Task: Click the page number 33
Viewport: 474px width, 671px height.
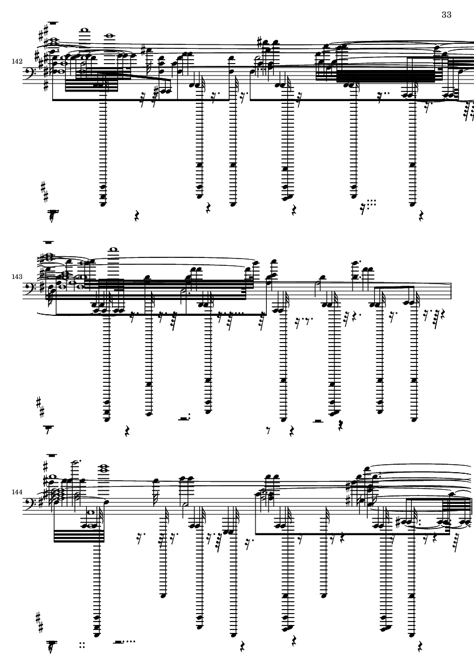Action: pyautogui.click(x=446, y=15)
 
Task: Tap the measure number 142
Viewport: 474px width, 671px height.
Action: pyautogui.click(x=17, y=61)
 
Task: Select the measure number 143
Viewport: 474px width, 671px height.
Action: pyautogui.click(x=17, y=277)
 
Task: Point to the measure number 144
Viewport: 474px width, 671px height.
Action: pyautogui.click(x=17, y=492)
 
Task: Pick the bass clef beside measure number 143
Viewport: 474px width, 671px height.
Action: pyautogui.click(x=31, y=289)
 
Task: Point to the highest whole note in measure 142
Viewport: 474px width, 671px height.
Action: pyautogui.click(x=84, y=30)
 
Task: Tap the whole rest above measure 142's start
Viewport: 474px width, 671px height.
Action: pyautogui.click(x=54, y=23)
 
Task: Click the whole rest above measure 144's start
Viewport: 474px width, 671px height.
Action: pyautogui.click(x=52, y=455)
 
